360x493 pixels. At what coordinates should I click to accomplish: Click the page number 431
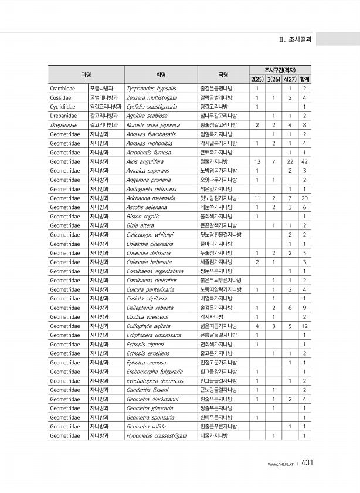(308, 463)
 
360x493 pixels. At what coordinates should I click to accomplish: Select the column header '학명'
(161, 75)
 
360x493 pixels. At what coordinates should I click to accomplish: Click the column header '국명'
(223, 75)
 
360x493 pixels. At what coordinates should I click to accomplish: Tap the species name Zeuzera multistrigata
(152, 97)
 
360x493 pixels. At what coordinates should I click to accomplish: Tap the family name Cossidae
(60, 97)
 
